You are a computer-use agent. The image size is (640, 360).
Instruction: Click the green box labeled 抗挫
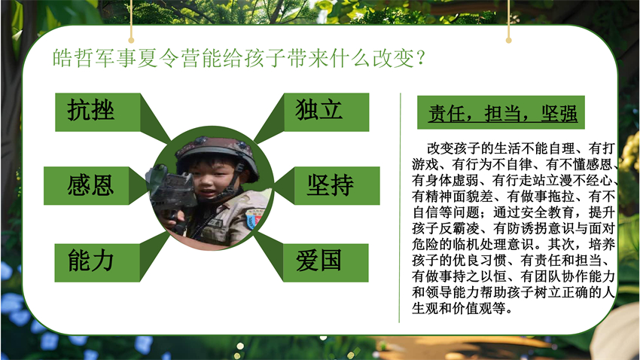(x=98, y=112)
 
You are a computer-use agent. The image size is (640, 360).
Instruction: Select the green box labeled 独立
(x=327, y=112)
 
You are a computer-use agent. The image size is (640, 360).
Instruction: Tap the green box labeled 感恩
(x=87, y=186)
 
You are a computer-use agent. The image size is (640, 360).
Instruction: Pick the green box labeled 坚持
(x=337, y=186)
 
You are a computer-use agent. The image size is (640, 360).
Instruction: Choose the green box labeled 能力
(x=97, y=263)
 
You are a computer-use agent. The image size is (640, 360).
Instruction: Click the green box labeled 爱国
(x=326, y=263)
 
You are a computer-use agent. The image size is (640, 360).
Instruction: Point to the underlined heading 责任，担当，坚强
(x=502, y=114)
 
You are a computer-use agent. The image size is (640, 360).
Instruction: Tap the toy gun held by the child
(x=169, y=192)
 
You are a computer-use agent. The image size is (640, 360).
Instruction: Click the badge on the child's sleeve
(x=254, y=219)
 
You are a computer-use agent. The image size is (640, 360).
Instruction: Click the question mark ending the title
(x=421, y=58)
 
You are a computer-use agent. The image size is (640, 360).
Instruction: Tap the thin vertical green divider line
(x=400, y=208)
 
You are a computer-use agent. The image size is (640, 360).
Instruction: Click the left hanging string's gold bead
(x=131, y=40)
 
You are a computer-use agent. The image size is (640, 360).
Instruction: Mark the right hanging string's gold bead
(x=508, y=40)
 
